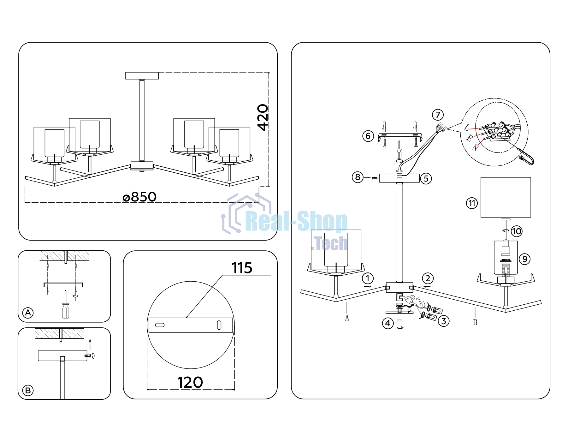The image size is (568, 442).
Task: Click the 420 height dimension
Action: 263,117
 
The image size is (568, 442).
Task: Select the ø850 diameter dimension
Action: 139,197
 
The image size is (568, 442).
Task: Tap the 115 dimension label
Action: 242,268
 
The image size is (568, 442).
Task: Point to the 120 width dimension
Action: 190,382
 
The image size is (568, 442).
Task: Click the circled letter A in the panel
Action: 28,313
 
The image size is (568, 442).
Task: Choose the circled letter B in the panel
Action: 28,391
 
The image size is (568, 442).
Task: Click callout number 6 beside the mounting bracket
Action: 368,136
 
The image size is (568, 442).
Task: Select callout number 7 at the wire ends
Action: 438,115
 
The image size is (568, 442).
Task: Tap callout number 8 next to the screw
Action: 358,177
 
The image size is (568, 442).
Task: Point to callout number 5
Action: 426,179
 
